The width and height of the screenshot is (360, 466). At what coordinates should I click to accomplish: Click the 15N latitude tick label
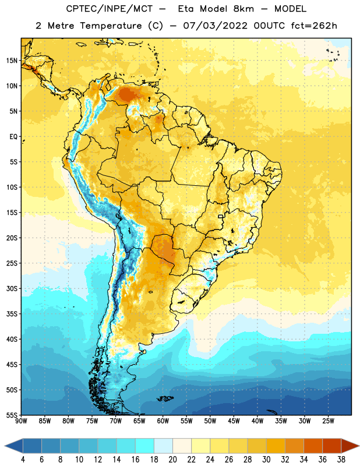point(12,61)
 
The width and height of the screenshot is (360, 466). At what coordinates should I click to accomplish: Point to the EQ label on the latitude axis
point(13,137)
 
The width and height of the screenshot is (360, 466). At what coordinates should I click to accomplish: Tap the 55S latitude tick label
point(12,415)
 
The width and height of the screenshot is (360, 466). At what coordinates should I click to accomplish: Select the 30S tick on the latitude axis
point(12,288)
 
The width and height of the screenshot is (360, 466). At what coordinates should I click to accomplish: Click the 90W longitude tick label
point(21,421)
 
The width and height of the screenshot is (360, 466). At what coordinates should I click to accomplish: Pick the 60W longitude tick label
point(163,421)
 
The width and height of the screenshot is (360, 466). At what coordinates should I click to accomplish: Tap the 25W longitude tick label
point(329,421)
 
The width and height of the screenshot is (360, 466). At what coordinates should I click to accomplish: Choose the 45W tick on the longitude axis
point(234,421)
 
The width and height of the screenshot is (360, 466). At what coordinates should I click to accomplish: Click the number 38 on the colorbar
point(341,460)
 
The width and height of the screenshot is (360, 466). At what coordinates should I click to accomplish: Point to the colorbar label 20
point(172,460)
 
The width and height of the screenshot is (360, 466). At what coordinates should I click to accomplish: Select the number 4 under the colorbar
point(23,460)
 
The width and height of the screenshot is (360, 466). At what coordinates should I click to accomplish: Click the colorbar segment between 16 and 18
point(145,446)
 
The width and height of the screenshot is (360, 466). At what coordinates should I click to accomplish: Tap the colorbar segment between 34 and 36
point(313,446)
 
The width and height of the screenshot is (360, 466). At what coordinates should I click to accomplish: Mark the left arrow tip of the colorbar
point(5,446)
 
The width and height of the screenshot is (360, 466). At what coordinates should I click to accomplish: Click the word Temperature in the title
point(111,26)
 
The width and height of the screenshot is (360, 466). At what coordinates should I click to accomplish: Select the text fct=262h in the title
point(314,26)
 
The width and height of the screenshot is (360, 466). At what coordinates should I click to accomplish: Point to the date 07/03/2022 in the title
point(215,26)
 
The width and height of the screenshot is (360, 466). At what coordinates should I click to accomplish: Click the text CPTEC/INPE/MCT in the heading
point(110,9)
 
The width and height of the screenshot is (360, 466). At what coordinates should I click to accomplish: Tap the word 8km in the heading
point(243,9)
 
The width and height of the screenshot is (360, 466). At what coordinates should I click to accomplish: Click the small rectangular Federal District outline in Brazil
point(221,216)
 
